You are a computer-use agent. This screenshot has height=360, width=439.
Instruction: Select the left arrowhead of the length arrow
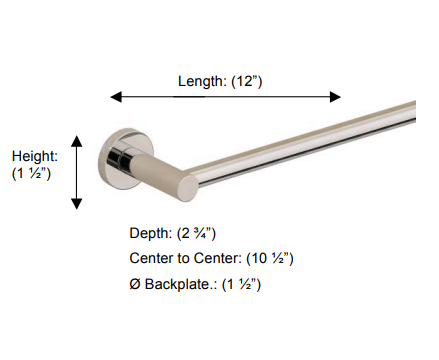pos(116,97)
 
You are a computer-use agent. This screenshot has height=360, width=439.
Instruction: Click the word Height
pos(35,156)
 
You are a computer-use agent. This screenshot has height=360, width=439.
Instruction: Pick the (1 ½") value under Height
pos(31,174)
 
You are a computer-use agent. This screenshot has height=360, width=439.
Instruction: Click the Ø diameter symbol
pos(135,285)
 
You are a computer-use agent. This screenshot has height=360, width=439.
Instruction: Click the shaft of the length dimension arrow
pos(225,97)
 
